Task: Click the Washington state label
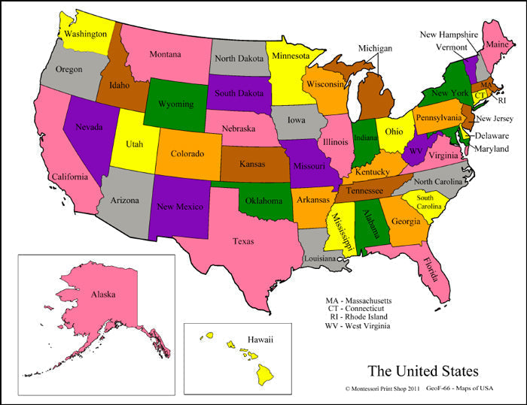coord(85,34)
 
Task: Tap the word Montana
coord(165,54)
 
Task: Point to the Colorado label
coord(187,153)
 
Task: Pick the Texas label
coord(243,241)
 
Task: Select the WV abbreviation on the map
coord(416,150)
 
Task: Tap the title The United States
coord(422,370)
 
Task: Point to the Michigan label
coord(375,48)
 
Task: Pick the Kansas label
coord(252,163)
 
